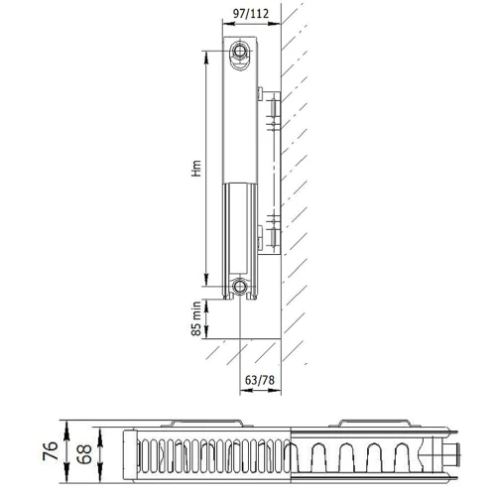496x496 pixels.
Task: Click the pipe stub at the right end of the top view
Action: click(x=453, y=455)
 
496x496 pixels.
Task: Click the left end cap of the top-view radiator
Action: click(x=127, y=454)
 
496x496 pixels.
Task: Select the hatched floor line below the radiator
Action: click(x=248, y=340)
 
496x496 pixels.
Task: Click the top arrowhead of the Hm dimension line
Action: click(x=207, y=50)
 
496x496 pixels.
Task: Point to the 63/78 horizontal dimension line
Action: click(x=260, y=364)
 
